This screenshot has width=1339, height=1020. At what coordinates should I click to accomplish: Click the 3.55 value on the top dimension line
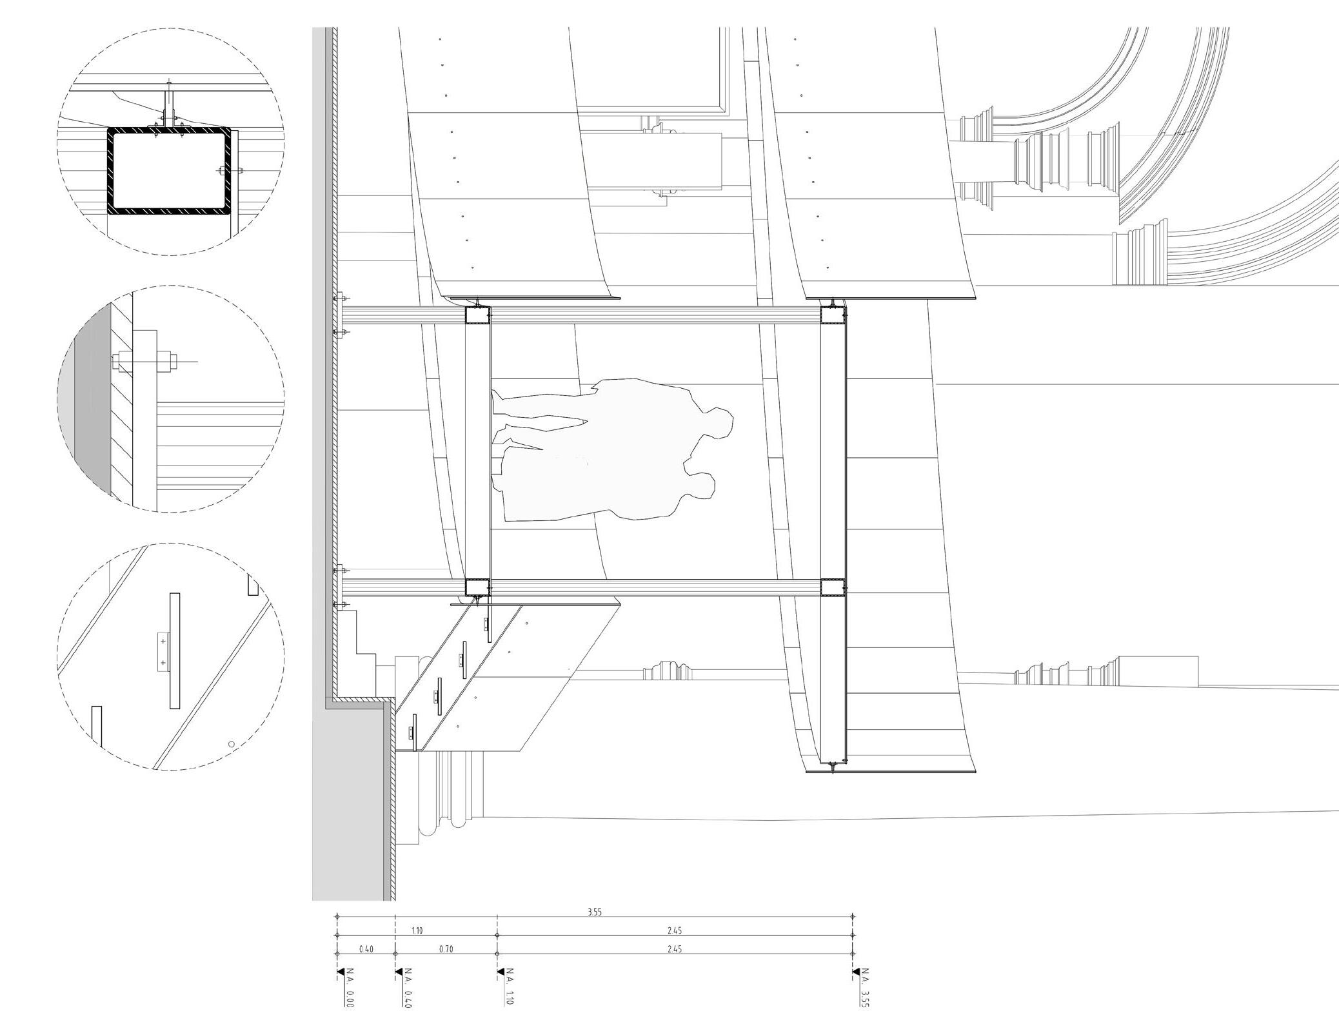pos(594,912)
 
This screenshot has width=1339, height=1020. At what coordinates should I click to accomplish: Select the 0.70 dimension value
pos(446,949)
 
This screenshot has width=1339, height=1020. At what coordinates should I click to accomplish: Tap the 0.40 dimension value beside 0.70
pos(366,949)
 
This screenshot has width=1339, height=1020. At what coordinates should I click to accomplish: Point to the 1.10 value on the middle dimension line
pos(417,930)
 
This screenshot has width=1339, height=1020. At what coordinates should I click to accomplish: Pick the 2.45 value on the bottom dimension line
pos(675,949)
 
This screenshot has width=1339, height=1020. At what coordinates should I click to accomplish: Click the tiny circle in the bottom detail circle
pos(232,743)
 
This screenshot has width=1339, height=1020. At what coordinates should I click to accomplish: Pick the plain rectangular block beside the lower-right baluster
pos(1157,671)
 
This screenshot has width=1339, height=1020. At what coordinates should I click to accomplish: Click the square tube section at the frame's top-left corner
pos(477,315)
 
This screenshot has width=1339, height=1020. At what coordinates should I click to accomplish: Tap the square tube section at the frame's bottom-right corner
pos(832,588)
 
